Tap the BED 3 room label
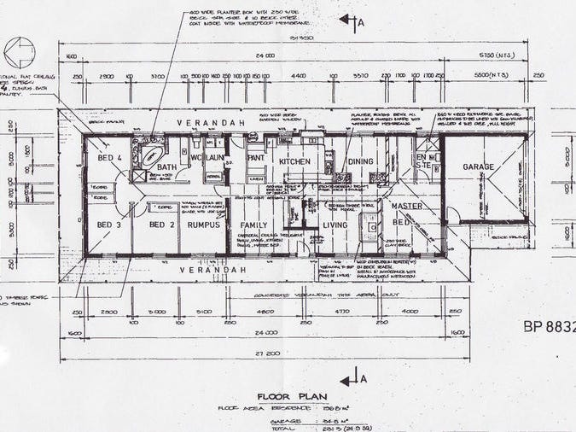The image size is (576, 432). click(x=109, y=225)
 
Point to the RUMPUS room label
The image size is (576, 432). click(x=205, y=225)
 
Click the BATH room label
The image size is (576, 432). click(x=166, y=166)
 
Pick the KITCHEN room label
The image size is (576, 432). click(x=295, y=161)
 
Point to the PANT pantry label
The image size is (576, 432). click(x=255, y=158)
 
